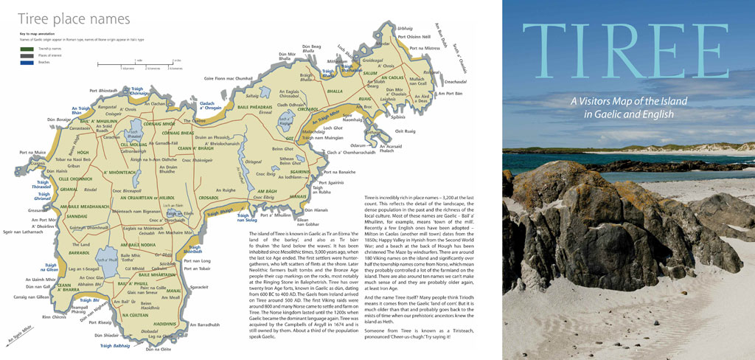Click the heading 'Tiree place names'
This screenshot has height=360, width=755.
pos(74,18)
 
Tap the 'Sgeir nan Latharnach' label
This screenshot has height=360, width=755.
pos(23,231)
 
